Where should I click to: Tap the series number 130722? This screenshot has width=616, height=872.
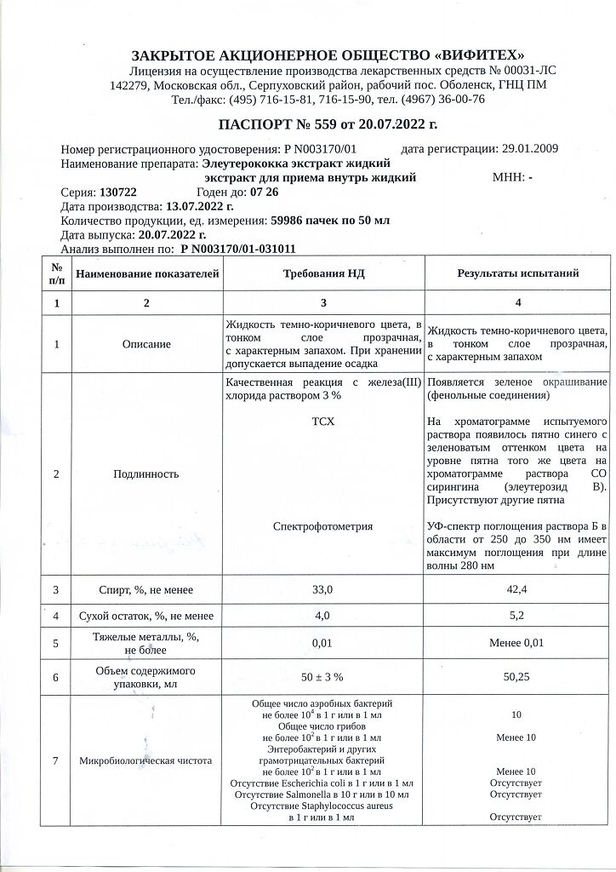click(x=118, y=192)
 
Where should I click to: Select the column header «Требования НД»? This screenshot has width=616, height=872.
click(x=322, y=273)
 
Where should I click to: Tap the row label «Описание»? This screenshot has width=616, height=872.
click(x=146, y=344)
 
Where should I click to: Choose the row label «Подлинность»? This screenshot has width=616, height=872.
click(x=146, y=474)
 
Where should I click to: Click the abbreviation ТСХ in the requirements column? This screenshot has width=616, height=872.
click(x=323, y=422)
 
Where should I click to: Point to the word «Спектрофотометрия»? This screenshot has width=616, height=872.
click(x=322, y=526)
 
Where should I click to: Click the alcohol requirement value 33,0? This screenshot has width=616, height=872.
click(x=322, y=589)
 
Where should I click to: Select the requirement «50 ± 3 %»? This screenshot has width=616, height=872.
click(x=322, y=677)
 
